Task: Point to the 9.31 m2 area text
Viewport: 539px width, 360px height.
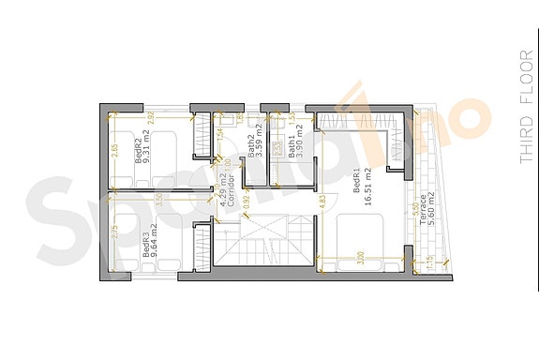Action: click(149, 151)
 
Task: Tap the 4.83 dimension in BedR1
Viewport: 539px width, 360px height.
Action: click(322, 201)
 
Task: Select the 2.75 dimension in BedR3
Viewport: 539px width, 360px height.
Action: click(114, 232)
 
